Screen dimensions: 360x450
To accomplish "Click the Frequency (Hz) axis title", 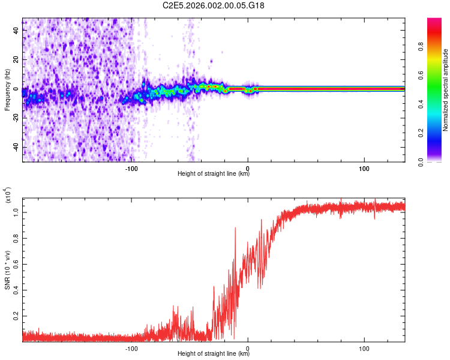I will click(7, 90).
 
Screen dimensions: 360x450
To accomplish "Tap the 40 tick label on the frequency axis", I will click(16, 31).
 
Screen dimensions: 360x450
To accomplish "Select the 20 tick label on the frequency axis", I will click(16, 60).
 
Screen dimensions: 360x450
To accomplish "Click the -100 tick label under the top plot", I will click(132, 167).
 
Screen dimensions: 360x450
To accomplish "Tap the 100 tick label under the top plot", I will click(364, 167).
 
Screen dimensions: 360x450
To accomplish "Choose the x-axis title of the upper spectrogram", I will click(214, 174).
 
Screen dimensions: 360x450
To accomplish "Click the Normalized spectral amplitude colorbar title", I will click(445, 90).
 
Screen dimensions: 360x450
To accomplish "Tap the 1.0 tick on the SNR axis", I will click(16, 212).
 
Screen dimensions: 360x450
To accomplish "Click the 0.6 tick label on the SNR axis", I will click(16, 263).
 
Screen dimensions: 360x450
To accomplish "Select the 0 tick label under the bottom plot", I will click(248, 347).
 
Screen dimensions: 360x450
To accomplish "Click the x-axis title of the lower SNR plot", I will click(214, 354).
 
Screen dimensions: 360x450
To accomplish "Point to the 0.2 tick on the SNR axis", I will click(16, 315).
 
